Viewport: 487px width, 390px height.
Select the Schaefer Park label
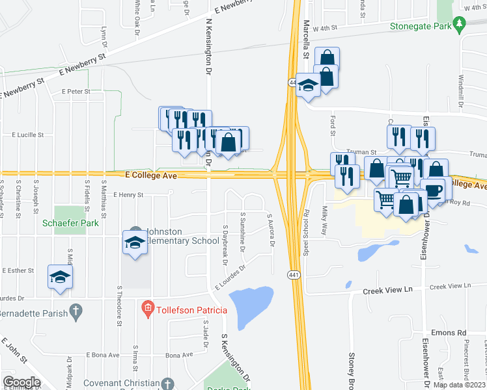65,222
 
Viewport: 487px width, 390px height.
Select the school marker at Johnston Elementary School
135,243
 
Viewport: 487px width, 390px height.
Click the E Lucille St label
28,135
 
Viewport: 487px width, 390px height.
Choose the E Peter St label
76,92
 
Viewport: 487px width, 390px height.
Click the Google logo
21,382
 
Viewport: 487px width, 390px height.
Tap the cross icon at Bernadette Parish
76,311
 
